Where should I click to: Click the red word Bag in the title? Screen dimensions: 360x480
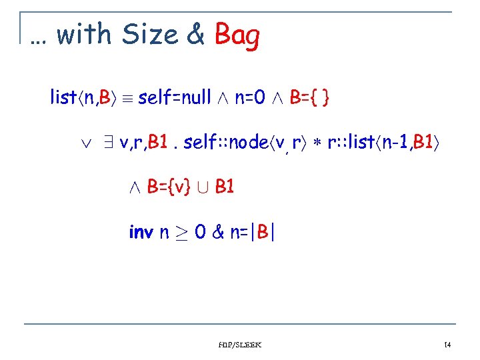237,36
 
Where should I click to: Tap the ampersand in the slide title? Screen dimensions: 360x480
196,35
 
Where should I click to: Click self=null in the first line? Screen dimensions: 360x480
175,99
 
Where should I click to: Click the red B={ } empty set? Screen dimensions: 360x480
309,99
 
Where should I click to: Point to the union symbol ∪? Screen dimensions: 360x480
205,187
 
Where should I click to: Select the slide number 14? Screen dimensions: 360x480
447,345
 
